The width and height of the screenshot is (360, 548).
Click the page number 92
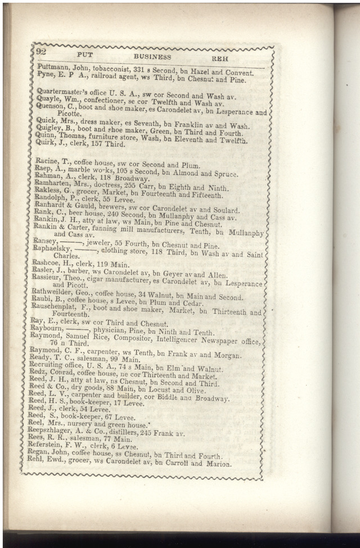[40, 52]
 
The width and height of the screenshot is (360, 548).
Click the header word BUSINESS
[152, 57]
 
